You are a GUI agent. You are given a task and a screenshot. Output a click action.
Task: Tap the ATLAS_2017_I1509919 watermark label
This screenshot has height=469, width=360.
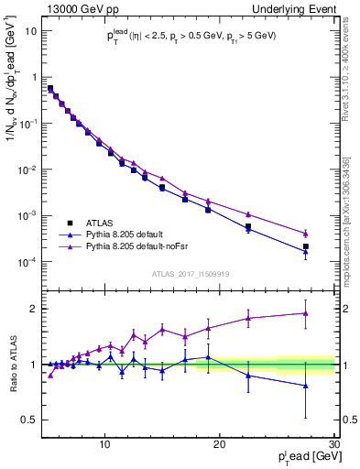(191, 273)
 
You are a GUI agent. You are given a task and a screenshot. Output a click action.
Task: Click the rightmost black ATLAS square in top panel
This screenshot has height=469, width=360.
(306, 246)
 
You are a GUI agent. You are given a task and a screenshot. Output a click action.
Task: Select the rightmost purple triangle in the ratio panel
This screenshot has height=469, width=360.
(306, 313)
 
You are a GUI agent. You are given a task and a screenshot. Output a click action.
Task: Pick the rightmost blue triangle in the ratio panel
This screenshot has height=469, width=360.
(306, 386)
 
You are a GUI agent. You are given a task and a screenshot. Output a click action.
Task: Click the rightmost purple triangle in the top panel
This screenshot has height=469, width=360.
(306, 234)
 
